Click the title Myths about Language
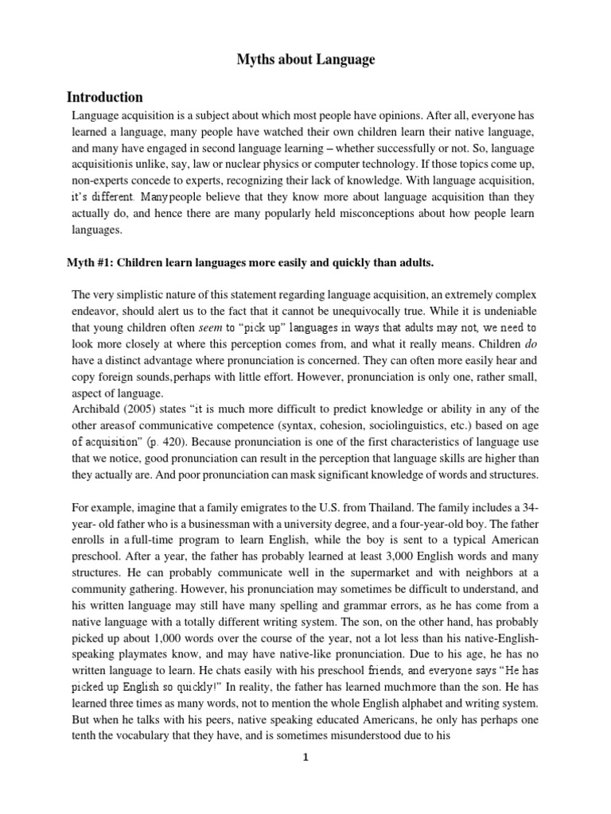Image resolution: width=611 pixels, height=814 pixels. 306,60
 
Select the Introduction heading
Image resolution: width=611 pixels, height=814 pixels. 104,98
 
